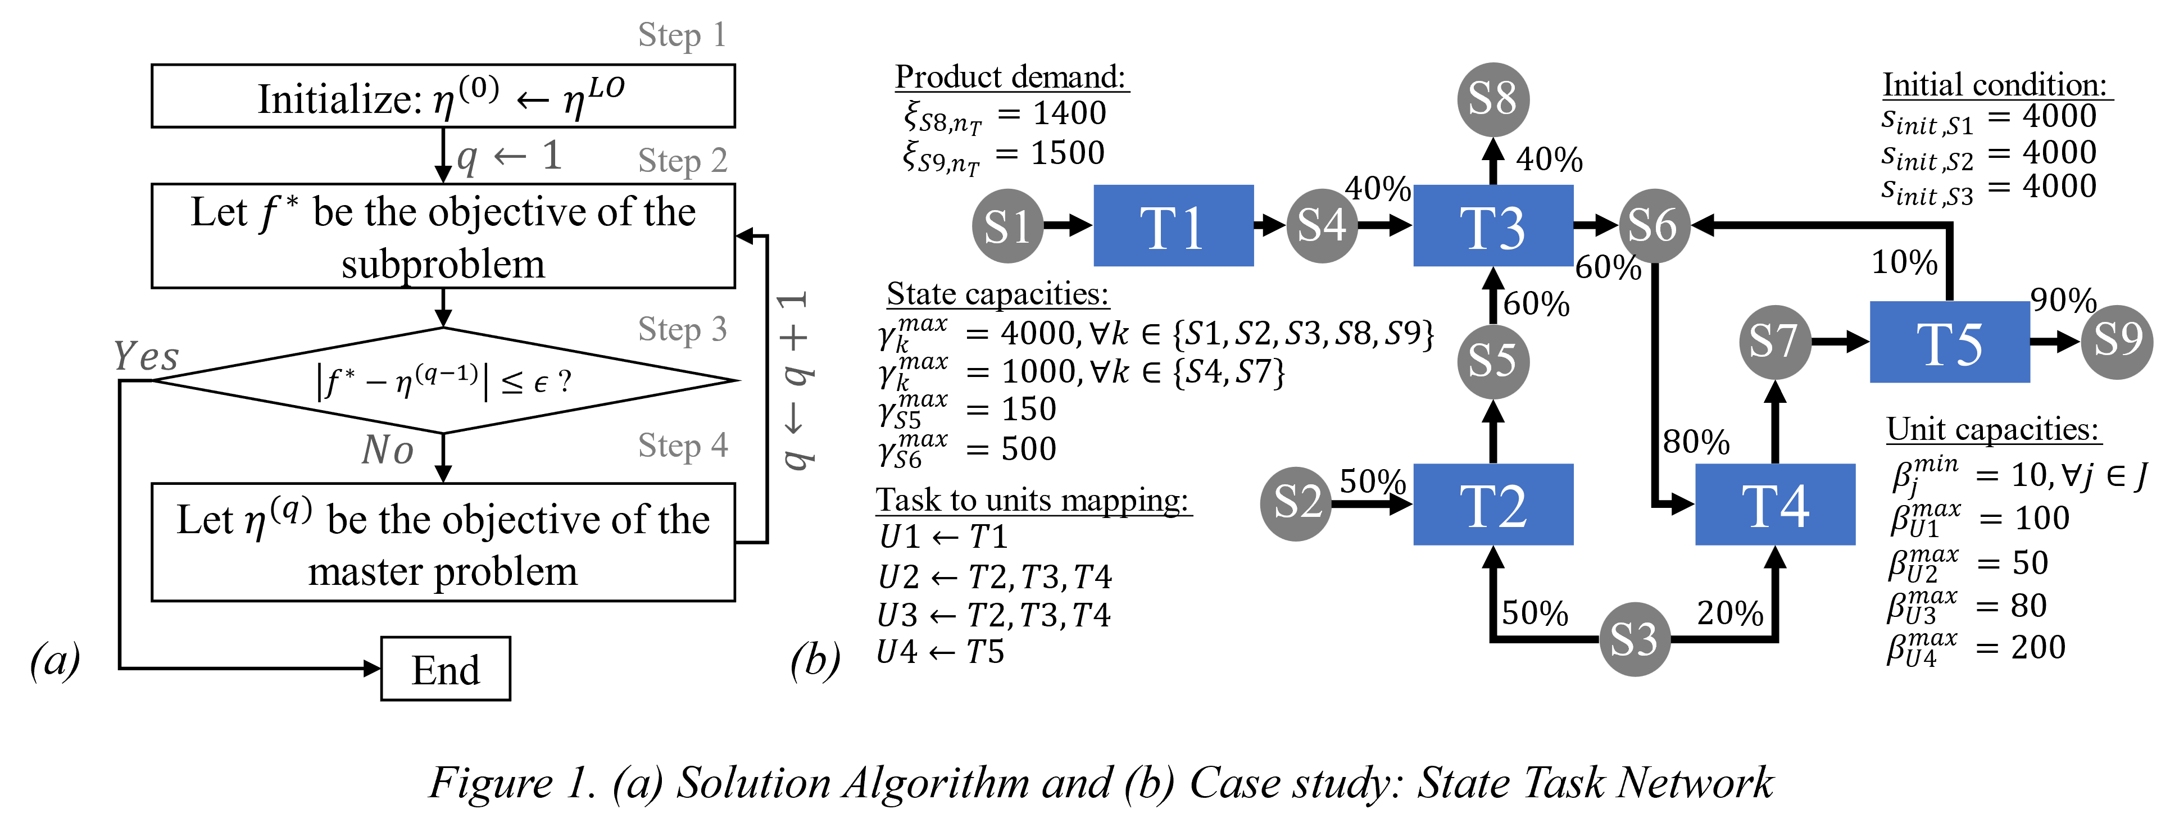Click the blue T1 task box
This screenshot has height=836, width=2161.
(x=1173, y=225)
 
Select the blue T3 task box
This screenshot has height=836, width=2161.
(x=1492, y=225)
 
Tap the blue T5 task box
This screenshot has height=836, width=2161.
(x=1950, y=342)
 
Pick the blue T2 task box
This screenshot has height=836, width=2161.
(x=1492, y=505)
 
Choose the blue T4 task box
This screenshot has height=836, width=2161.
(x=1775, y=505)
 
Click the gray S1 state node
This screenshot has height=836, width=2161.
(x=1007, y=225)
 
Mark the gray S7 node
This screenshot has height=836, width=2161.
(x=1775, y=342)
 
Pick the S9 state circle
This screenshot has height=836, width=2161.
(x=2117, y=342)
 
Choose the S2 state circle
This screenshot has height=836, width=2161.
(x=1296, y=503)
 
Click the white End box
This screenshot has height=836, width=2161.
(x=446, y=669)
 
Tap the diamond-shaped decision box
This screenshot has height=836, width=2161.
(x=443, y=381)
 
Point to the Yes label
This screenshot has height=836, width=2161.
(x=147, y=356)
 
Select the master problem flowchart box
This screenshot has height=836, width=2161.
(x=443, y=542)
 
